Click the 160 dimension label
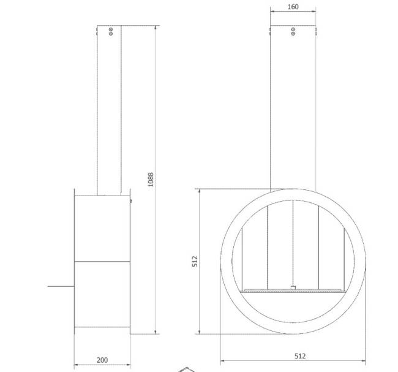[293, 7]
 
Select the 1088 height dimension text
[151, 180]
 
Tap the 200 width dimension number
[102, 360]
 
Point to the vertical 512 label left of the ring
[195, 261]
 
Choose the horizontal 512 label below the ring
[300, 356]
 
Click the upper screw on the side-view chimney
[111, 29]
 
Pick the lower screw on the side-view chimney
[111, 33]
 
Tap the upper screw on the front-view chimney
[293, 29]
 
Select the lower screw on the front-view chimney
[293, 33]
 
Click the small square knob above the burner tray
[293, 287]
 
